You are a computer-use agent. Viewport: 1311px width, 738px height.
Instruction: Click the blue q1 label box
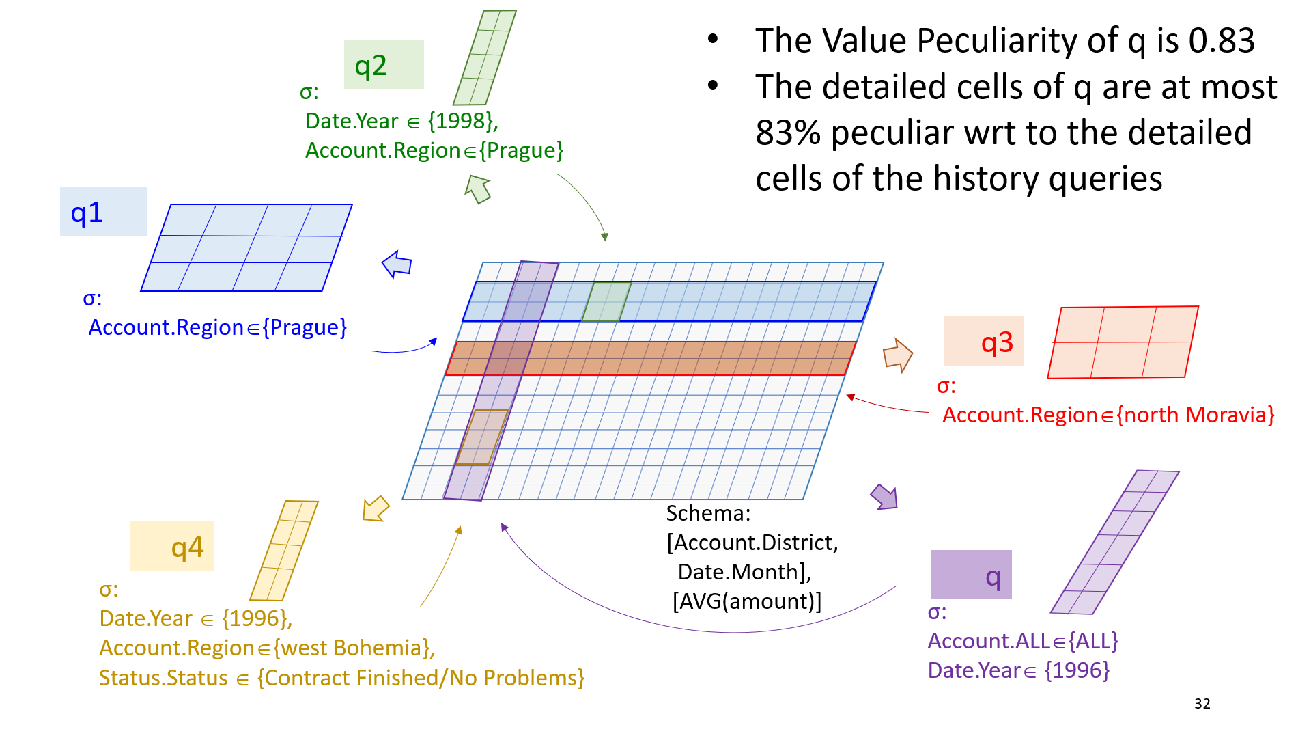pyautogui.click(x=103, y=212)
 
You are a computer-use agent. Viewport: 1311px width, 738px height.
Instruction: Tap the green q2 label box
pyautogui.click(x=384, y=64)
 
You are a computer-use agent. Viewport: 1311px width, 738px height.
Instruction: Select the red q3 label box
pyautogui.click(x=983, y=341)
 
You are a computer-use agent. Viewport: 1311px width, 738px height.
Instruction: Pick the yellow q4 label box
pyautogui.click(x=172, y=546)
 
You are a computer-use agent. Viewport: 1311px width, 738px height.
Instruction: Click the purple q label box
pyautogui.click(x=972, y=575)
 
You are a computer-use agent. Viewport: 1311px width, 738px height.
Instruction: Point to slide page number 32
pyautogui.click(x=1202, y=704)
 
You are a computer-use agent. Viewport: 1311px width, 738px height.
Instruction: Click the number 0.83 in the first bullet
pyautogui.click(x=1222, y=40)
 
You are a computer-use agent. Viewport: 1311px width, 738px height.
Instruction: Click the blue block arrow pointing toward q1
pyautogui.click(x=397, y=264)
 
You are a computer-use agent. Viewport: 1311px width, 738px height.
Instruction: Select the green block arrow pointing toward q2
pyautogui.click(x=478, y=189)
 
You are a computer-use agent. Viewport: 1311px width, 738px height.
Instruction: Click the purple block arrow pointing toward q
pyautogui.click(x=884, y=497)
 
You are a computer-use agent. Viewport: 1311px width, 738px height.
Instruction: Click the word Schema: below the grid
pyautogui.click(x=708, y=513)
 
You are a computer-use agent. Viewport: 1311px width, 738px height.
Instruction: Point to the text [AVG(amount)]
pyautogui.click(x=747, y=601)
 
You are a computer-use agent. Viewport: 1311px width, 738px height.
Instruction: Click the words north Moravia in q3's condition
pyautogui.click(x=1195, y=415)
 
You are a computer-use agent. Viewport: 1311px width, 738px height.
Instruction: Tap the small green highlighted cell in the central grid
pyautogui.click(x=606, y=301)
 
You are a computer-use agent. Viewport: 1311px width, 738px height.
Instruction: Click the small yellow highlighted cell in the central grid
pyautogui.click(x=482, y=437)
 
